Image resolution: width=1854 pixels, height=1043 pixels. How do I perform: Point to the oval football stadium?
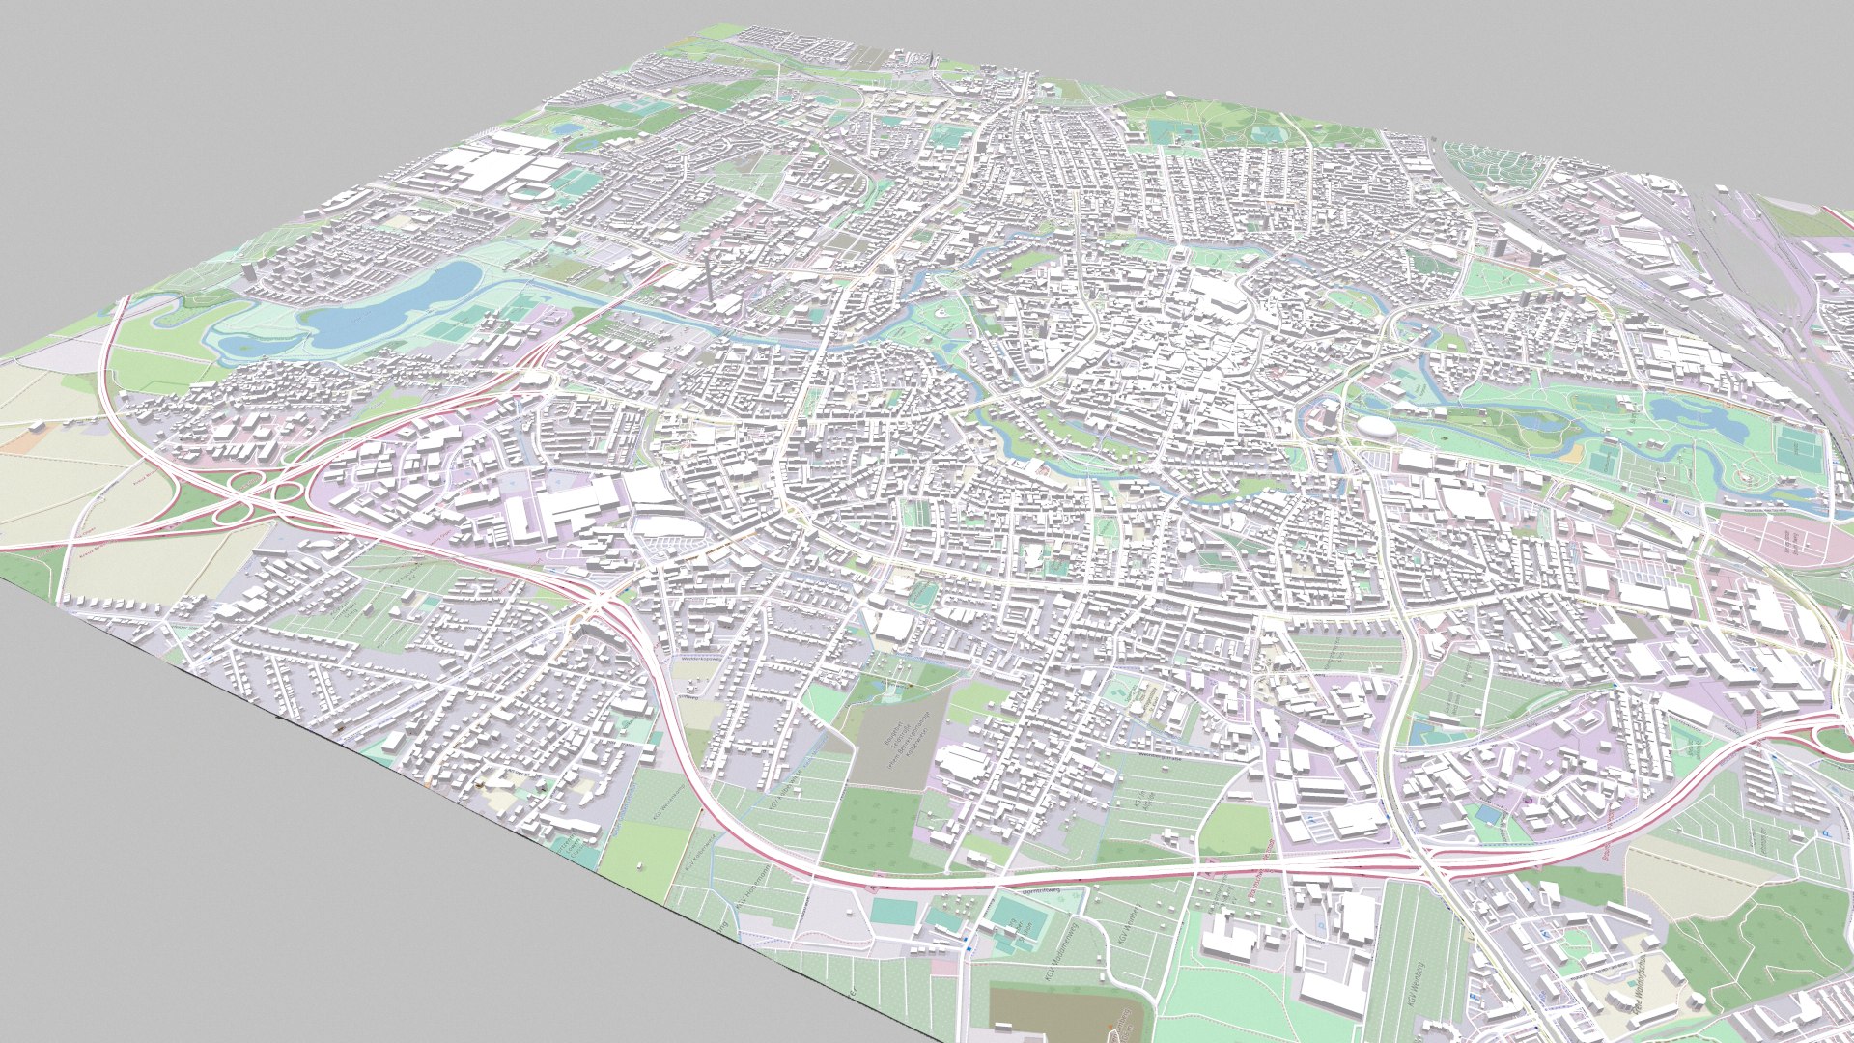[x=528, y=191]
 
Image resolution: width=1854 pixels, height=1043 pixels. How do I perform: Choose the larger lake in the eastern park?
[x=1690, y=415]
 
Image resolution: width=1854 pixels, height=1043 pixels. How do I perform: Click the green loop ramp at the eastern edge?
[x=1835, y=739]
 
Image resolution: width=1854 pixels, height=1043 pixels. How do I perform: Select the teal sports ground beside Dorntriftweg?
[x=1014, y=913]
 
